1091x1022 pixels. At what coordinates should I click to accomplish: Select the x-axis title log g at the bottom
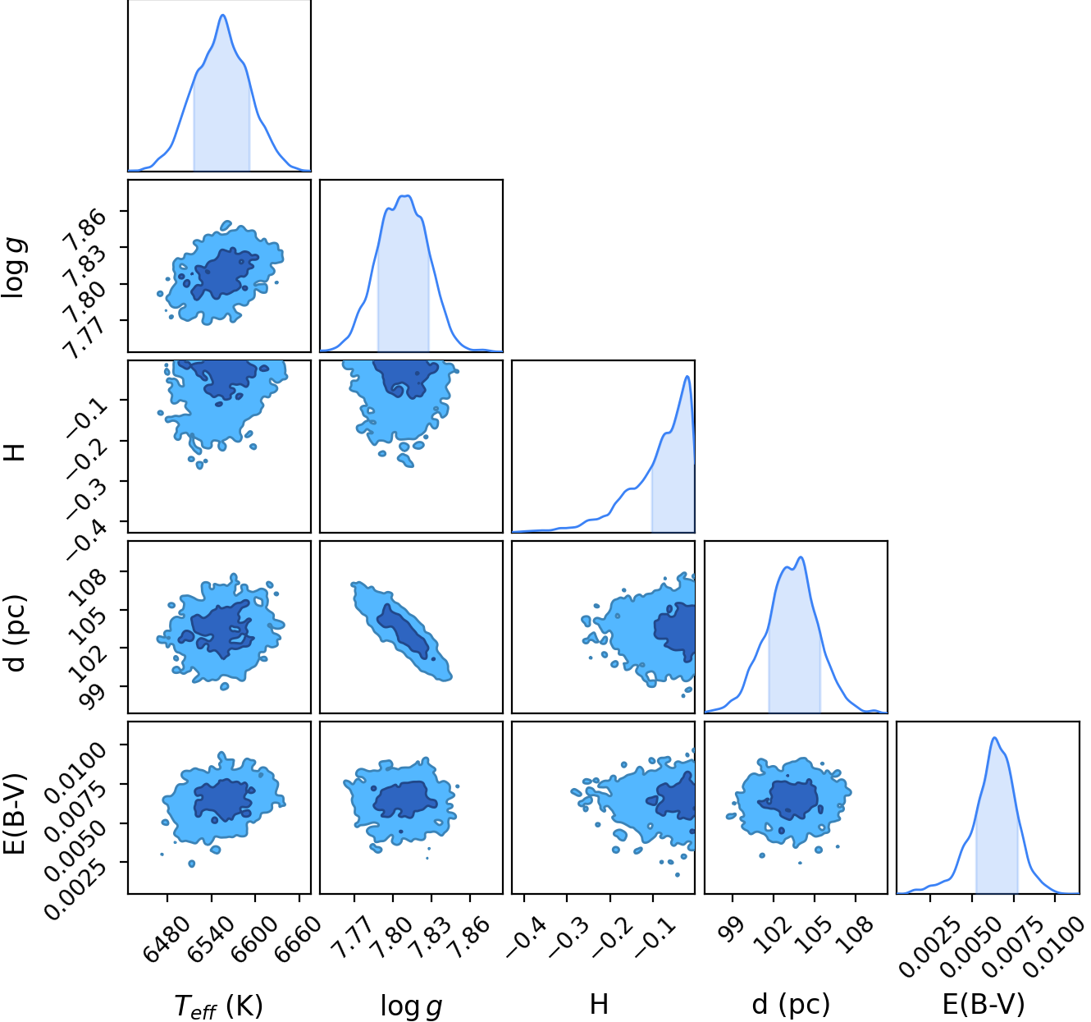(411, 1006)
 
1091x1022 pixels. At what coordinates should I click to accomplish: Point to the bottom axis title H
(599, 1005)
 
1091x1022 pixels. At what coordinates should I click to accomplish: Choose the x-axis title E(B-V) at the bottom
(984, 1005)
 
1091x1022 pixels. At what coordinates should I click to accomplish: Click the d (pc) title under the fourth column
(791, 1005)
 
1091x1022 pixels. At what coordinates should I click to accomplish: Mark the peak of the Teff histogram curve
(222, 15)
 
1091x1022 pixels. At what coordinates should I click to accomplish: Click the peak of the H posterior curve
(687, 376)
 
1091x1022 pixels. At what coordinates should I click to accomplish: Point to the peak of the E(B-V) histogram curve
(994, 738)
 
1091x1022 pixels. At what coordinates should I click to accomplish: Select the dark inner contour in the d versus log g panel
(407, 631)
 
